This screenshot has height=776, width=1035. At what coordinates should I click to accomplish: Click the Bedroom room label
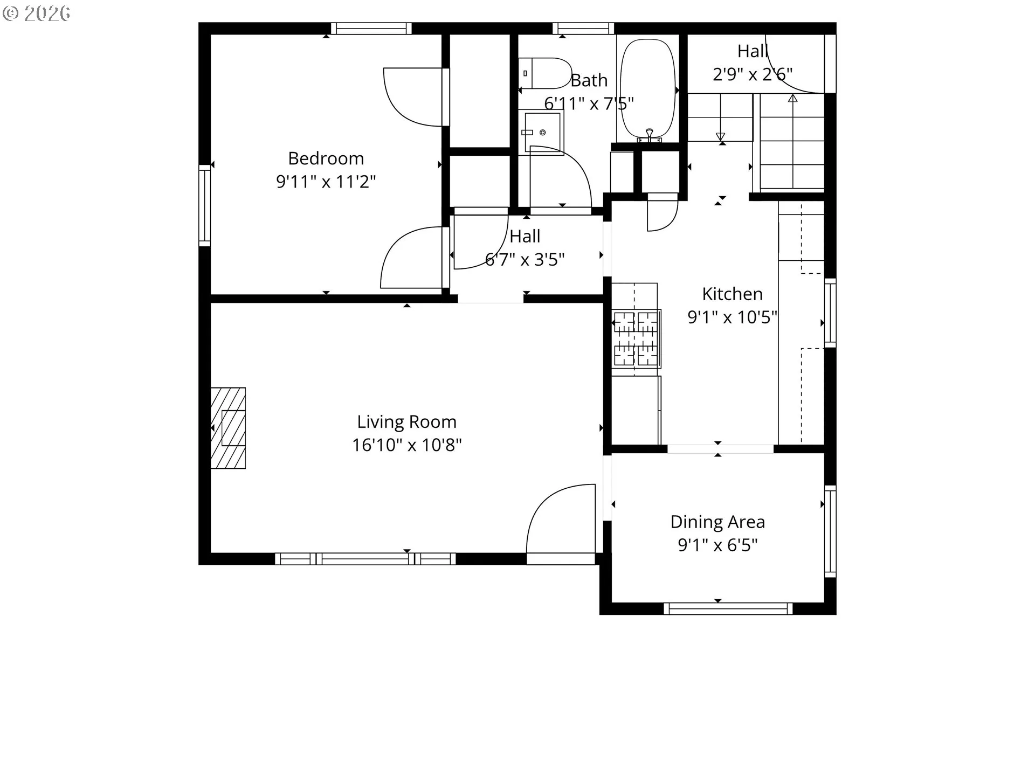pos(326,158)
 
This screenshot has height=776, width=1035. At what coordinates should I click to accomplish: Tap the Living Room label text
pos(406,421)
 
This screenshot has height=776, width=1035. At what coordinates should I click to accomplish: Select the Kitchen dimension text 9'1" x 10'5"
pos(732,317)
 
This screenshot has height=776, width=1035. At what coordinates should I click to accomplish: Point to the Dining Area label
pos(717,522)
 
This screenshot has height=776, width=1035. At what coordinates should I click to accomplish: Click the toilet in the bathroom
pos(545,73)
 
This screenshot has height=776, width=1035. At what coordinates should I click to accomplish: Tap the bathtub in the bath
pos(647,89)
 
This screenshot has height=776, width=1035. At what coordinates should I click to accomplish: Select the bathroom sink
pos(542,132)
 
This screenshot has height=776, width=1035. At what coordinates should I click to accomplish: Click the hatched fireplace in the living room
pos(228,428)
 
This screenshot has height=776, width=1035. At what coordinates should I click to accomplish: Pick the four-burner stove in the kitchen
pos(636,339)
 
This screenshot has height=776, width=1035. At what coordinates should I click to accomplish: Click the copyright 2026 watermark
pos(36,13)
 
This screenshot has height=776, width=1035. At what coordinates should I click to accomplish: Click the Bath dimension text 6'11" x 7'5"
pos(589,103)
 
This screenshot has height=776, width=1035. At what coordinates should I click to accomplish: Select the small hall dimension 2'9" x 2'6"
pos(753,74)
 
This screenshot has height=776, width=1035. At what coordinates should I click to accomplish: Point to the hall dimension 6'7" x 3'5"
pos(525,260)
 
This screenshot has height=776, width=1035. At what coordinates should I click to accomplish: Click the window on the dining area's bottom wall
pos(728,609)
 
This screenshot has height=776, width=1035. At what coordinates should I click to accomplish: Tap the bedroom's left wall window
pos(204,205)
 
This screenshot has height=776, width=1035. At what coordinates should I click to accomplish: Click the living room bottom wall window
pos(365,559)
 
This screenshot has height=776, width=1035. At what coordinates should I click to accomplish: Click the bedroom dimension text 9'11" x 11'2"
pos(326,182)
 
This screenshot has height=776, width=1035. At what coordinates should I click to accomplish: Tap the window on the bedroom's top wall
pos(371,28)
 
